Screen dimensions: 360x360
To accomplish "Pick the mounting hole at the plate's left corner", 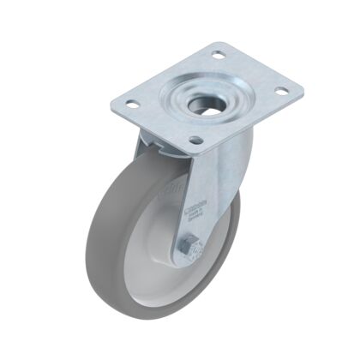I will pyautogui.click(x=132, y=104).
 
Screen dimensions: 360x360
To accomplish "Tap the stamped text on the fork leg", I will pyautogui.click(x=197, y=207).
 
